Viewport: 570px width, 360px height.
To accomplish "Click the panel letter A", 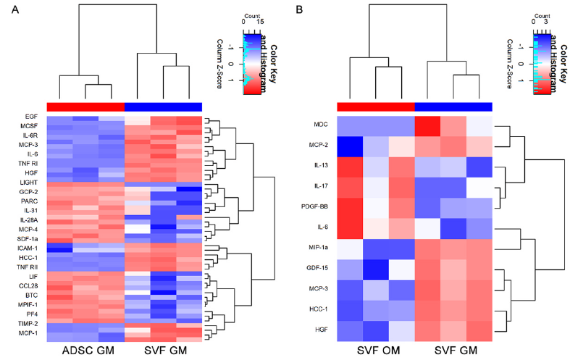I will point(7,9).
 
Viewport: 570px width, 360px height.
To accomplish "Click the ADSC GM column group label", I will point(85,350).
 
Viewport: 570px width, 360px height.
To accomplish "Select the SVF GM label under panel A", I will point(164,350).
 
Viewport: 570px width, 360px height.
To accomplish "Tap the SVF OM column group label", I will point(376,350).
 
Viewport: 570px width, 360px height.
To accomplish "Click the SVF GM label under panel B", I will point(453,350).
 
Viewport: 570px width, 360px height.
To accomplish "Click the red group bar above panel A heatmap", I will point(85,106).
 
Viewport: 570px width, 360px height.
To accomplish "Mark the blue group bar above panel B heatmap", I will point(453,106).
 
